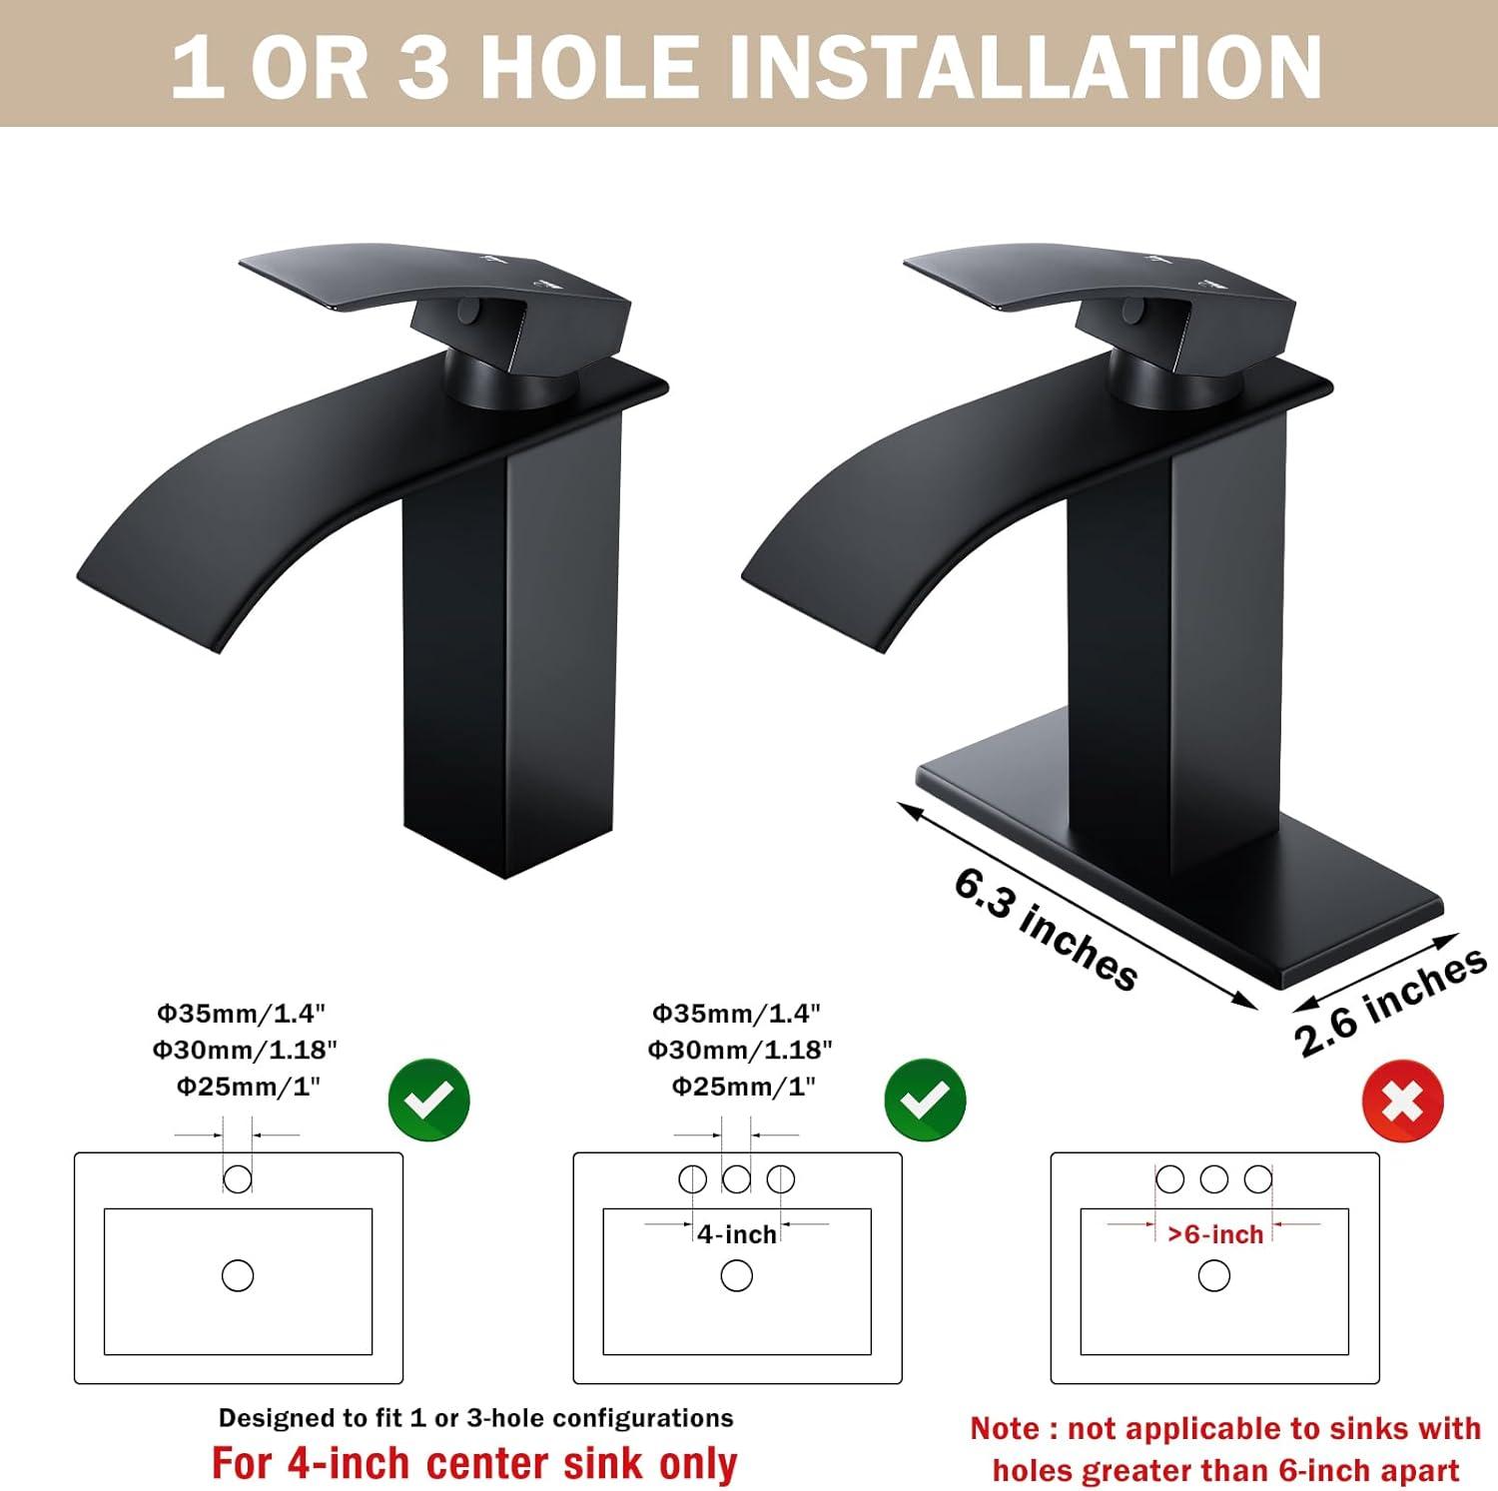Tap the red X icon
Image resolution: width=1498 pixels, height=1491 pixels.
click(x=1403, y=1103)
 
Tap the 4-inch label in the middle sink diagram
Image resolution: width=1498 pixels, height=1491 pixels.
click(x=737, y=1234)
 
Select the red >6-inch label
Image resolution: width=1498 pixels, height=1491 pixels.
click(x=1215, y=1234)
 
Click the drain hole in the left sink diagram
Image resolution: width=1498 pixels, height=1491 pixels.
click(x=238, y=1275)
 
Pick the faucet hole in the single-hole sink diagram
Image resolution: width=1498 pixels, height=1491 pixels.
click(x=238, y=1179)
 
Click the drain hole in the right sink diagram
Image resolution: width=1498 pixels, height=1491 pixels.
click(x=1214, y=1275)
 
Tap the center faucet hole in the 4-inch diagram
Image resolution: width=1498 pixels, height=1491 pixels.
click(x=737, y=1179)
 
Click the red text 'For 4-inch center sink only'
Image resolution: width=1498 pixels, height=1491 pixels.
click(x=474, y=1463)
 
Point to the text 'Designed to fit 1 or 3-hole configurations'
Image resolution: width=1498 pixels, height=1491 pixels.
click(x=475, y=1418)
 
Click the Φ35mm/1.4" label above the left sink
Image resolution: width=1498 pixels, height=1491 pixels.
click(x=241, y=1014)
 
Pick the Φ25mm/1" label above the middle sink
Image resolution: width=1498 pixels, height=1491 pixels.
click(x=744, y=1087)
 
